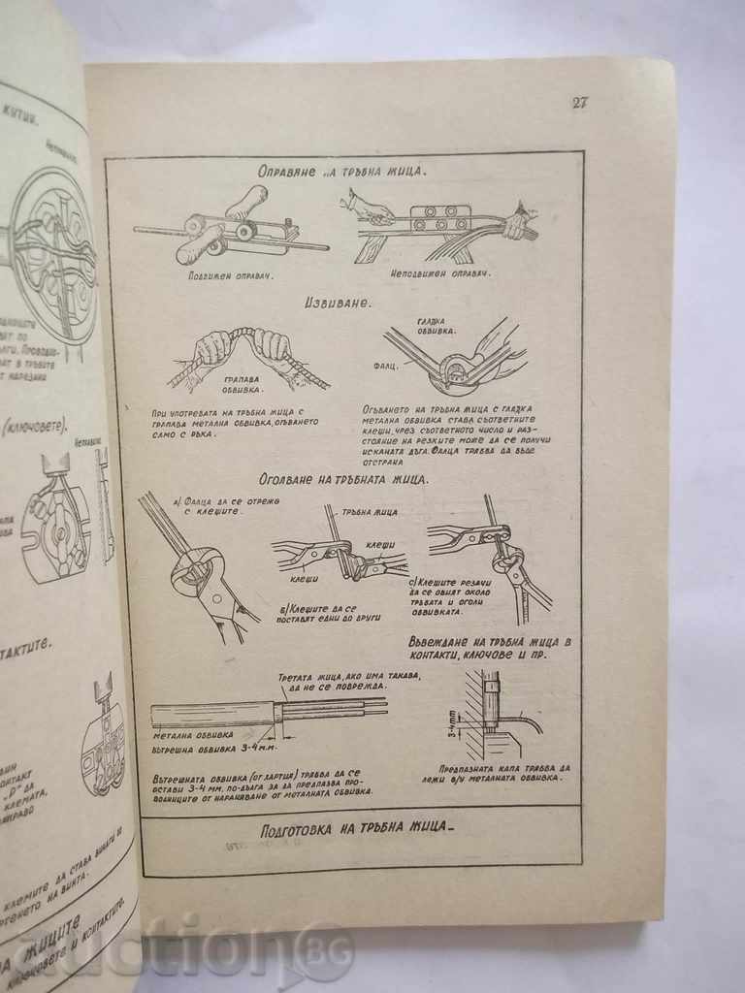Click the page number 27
coord(579,104)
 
